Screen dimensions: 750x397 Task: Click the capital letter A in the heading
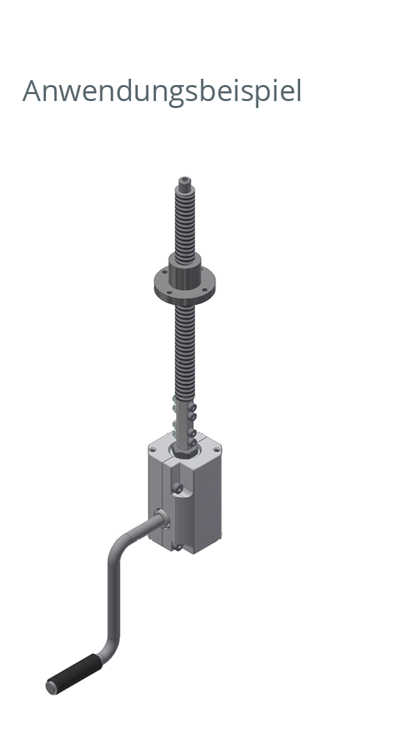coord(33,92)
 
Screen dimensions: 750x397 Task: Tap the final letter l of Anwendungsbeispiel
coord(299,91)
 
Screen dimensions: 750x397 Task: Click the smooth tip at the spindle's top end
coord(184,183)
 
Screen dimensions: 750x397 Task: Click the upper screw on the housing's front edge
coord(179,490)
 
